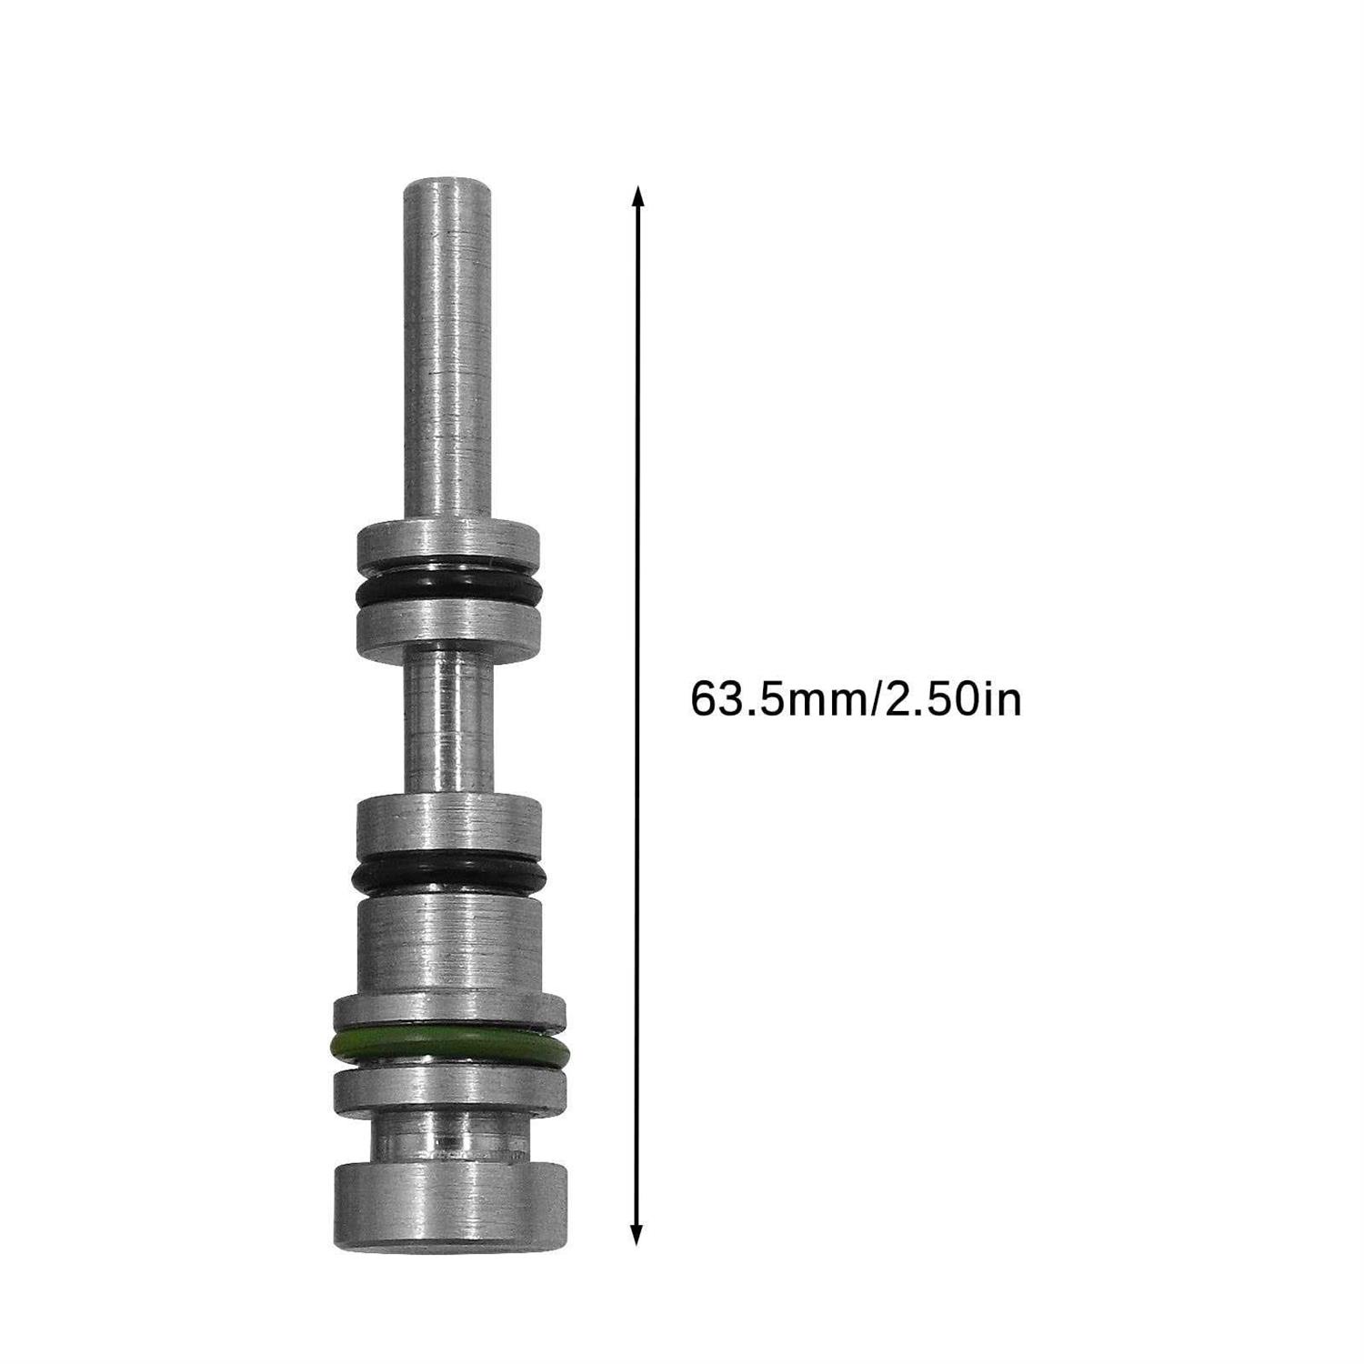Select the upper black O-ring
pos(447,592)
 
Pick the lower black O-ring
pos(447,873)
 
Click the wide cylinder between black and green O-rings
pos(447,946)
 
